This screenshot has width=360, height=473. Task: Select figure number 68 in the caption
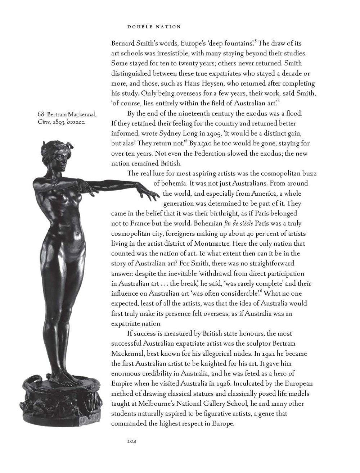(41, 115)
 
